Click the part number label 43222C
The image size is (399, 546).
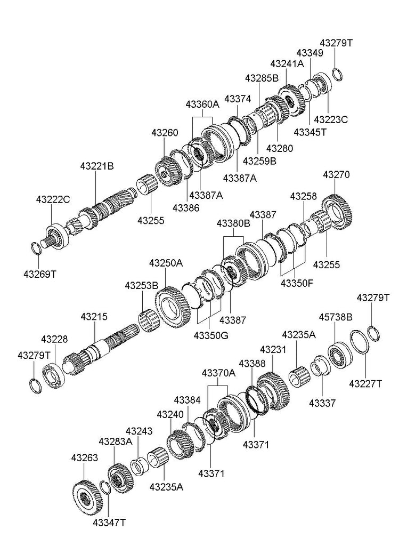tap(53, 199)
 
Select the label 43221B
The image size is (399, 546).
tap(97, 166)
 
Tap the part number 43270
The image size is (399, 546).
tap(336, 174)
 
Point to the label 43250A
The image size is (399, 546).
tap(166, 262)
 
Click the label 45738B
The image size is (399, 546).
tap(336, 317)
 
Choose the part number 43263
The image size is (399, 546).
tap(85, 457)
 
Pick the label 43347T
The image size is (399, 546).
tap(109, 523)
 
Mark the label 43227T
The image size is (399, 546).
tap(365, 384)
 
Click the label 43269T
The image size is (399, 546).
tap(40, 274)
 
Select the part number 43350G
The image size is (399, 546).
tap(211, 336)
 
